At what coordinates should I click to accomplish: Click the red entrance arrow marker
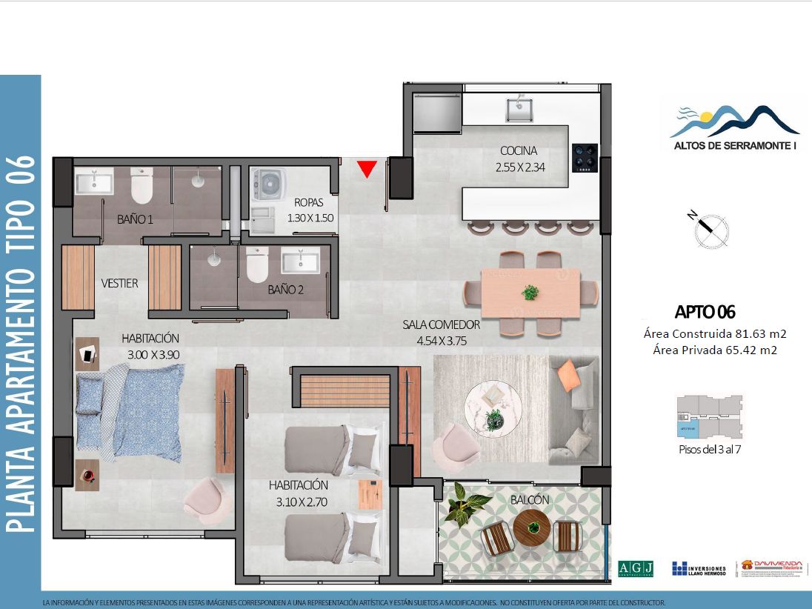point(366,170)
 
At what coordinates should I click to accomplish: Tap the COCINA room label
point(519,151)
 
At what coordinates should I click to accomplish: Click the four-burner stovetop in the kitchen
point(585,158)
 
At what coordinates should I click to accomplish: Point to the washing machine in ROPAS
point(268,184)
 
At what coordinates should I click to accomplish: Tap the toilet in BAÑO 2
point(257,264)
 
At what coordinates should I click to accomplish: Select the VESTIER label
point(120,283)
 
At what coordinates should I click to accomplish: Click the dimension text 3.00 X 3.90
point(153,355)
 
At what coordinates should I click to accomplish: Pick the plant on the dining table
point(530,293)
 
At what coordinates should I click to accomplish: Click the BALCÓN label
point(530,500)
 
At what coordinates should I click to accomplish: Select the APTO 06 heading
point(705,312)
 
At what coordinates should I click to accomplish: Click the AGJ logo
point(636,568)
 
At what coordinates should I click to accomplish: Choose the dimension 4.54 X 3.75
point(442,342)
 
